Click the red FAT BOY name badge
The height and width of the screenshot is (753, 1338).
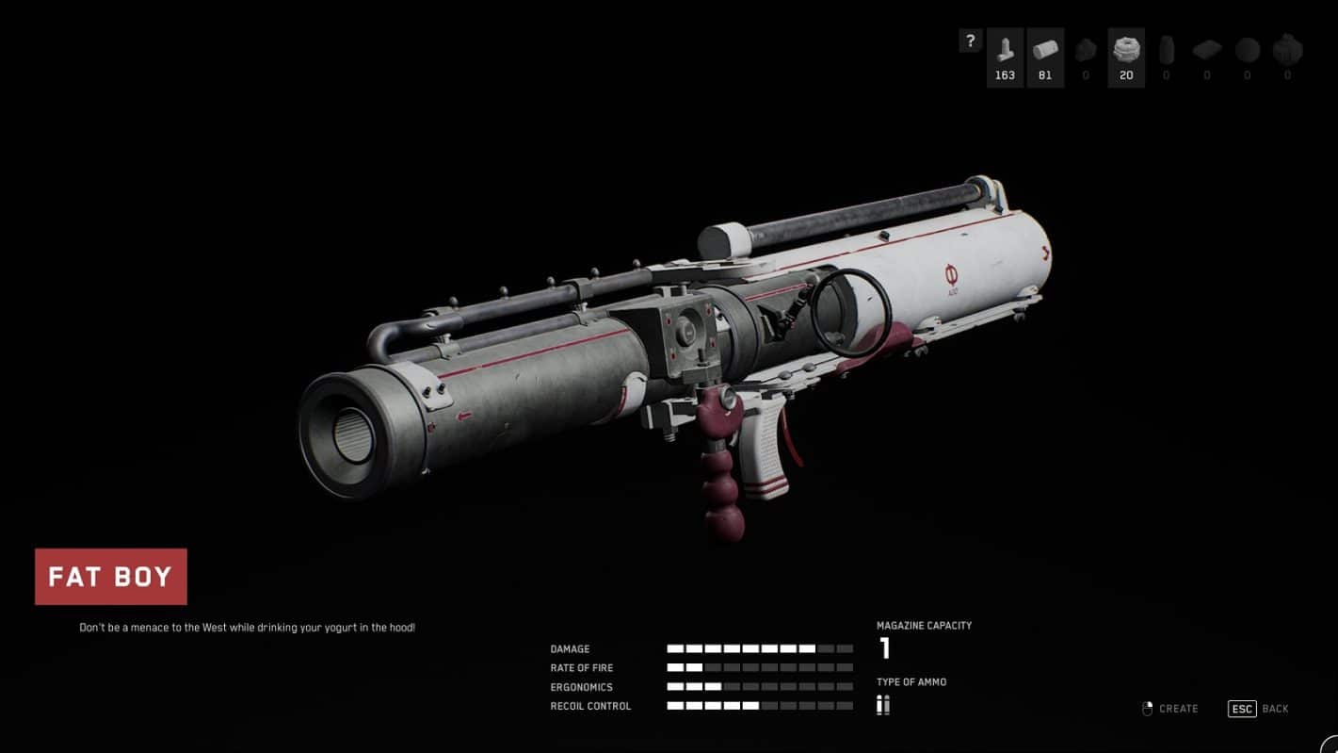[111, 577]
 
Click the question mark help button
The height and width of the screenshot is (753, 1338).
[971, 41]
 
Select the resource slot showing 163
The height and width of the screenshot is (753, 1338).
[1005, 57]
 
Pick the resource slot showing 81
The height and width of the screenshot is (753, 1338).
[1045, 57]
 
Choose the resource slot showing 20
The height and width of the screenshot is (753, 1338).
[1126, 57]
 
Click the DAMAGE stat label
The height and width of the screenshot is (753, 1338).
[570, 649]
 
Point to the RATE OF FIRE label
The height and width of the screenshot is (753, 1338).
[582, 668]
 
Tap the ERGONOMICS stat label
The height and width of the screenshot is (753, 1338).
[581, 687]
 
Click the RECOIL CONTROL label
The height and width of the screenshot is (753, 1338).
[590, 707]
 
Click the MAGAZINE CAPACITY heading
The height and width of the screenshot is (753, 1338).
[924, 626]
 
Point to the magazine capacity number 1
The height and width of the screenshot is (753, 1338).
[885, 647]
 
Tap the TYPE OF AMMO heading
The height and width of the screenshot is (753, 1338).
[911, 682]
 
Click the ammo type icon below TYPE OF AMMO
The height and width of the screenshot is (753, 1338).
[883, 705]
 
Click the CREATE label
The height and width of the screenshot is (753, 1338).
[1179, 709]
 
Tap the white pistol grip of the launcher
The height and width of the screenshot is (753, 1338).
[763, 446]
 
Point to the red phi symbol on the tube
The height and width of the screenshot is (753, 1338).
[952, 275]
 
